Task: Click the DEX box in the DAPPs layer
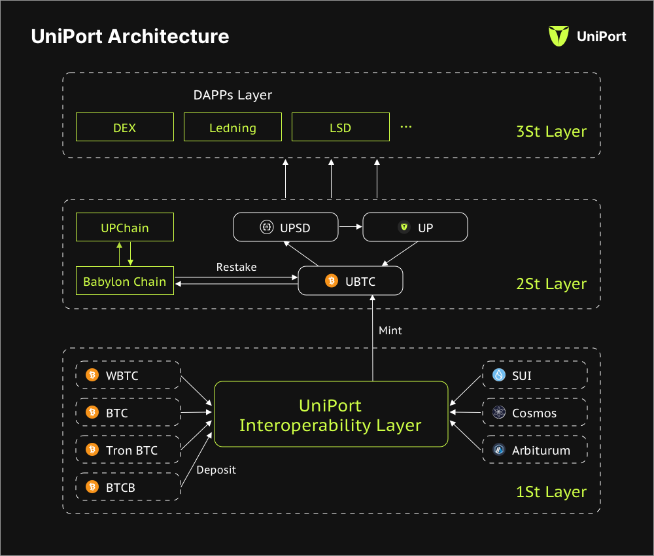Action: point(125,127)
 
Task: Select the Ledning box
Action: point(233,127)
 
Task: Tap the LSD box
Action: point(340,127)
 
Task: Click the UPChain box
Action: point(125,228)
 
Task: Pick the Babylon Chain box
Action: point(125,282)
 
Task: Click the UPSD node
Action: point(285,228)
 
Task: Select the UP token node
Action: point(415,228)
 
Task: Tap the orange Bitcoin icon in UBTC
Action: point(332,281)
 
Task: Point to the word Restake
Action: point(236,267)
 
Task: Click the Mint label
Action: point(390,330)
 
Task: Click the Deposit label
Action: point(216,469)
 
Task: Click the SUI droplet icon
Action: point(500,375)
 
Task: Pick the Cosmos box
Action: point(535,413)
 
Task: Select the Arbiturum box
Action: point(535,450)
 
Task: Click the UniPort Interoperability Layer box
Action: point(331,415)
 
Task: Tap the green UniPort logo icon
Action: point(559,37)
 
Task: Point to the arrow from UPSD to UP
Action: point(350,227)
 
